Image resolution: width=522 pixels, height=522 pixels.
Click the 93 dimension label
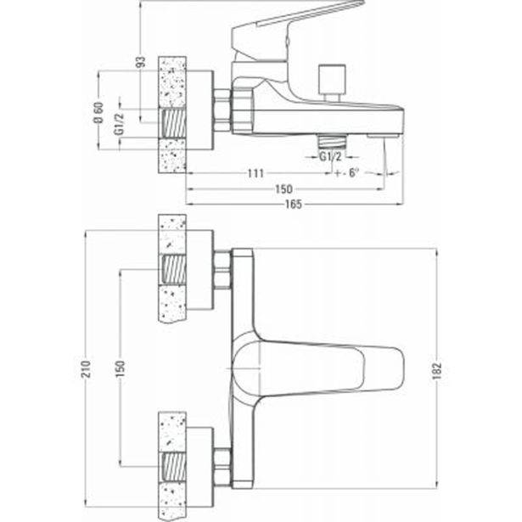[x=142, y=62]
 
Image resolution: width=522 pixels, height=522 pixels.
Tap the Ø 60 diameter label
[x=98, y=113]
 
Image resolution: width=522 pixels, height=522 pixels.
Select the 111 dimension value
[x=255, y=173]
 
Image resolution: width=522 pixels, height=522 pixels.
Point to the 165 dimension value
[x=294, y=204]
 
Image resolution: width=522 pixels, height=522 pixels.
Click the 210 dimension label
[x=87, y=369]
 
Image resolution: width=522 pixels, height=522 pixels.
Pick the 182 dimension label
[x=437, y=371]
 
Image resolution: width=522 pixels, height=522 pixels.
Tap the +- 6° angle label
[x=347, y=173]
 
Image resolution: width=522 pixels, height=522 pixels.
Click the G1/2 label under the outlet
[x=330, y=156]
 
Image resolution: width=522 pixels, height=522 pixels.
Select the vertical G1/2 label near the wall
[x=119, y=124]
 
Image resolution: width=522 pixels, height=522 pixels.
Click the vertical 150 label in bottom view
[x=120, y=368]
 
